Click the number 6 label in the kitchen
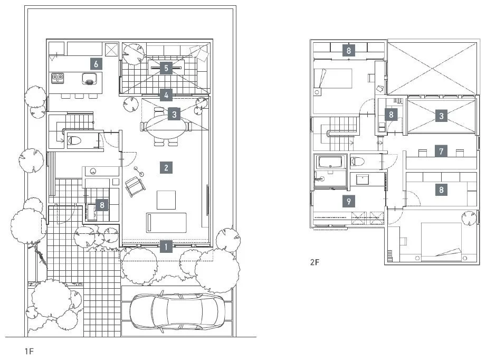pyautogui.click(x=96, y=64)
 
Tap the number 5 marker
pyautogui.click(x=166, y=68)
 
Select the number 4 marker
pyautogui.click(x=166, y=96)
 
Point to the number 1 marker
pyautogui.click(x=166, y=245)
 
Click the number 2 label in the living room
pyautogui.click(x=166, y=168)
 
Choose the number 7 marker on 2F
pyautogui.click(x=441, y=151)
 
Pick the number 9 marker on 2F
pyautogui.click(x=348, y=201)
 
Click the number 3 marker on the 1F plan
pyautogui.click(x=175, y=113)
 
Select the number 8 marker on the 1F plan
pyautogui.click(x=102, y=204)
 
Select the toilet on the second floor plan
pyautogui.click(x=359, y=161)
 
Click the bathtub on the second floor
pyautogui.click(x=330, y=162)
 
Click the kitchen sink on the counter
pyautogui.click(x=90, y=80)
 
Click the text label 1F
pyautogui.click(x=29, y=350)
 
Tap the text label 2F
pyautogui.click(x=315, y=261)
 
